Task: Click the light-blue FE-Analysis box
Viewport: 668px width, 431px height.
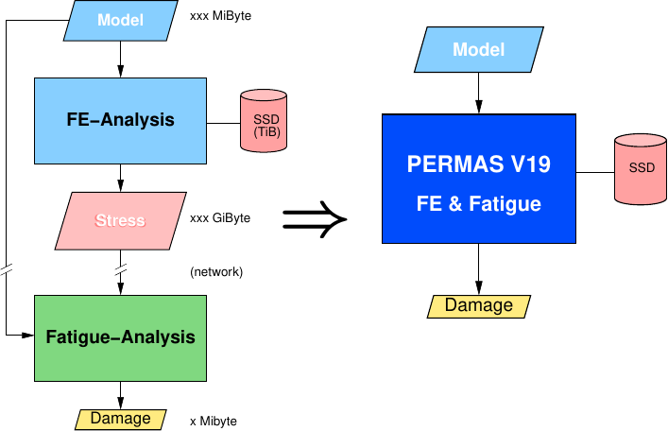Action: click(x=120, y=121)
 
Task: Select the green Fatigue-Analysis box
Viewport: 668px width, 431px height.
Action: click(x=120, y=336)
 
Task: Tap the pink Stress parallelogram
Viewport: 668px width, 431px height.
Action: click(x=120, y=220)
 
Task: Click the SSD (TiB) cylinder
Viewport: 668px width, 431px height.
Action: click(x=265, y=121)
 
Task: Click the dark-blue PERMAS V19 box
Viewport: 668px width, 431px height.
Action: click(x=478, y=178)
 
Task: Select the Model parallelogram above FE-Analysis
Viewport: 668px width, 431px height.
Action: click(x=120, y=19)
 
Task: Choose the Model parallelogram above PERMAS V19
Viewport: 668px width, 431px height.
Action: click(x=478, y=49)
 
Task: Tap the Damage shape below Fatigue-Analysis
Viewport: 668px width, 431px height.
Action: click(x=120, y=419)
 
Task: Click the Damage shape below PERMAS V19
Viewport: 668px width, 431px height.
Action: click(x=478, y=305)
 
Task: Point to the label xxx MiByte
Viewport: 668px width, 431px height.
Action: click(x=220, y=17)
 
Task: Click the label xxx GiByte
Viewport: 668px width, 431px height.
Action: click(x=220, y=218)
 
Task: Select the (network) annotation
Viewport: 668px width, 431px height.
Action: click(x=216, y=272)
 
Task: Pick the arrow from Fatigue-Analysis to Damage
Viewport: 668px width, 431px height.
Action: click(x=120, y=393)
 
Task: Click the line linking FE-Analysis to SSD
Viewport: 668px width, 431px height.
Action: click(x=224, y=122)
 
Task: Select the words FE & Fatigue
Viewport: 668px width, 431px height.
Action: click(x=478, y=202)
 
